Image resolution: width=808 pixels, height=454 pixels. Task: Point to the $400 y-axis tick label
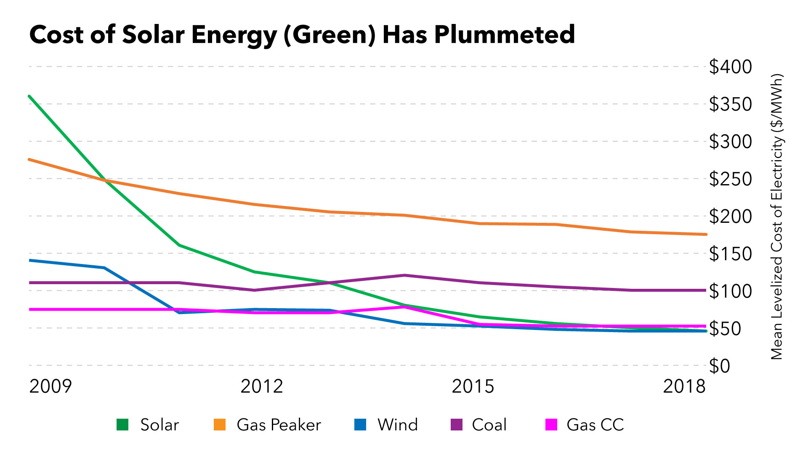[x=730, y=67]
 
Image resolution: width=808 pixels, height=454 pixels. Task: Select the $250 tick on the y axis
[x=730, y=179]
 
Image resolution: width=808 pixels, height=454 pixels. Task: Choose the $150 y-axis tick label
[x=730, y=254]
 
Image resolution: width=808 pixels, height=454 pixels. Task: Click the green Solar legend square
[x=122, y=425]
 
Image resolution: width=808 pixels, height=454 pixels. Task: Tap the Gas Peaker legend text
[x=279, y=425]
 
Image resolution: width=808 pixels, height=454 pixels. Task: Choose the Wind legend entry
[x=397, y=425]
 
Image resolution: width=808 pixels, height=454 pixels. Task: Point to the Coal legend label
[x=489, y=425]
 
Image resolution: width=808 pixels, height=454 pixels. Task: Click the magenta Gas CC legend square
[x=551, y=425]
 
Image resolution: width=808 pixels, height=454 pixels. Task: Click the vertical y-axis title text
[x=776, y=216]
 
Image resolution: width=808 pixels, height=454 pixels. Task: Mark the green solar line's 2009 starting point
[x=29, y=96]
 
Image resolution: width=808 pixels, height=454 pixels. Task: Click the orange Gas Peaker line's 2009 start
[x=29, y=160]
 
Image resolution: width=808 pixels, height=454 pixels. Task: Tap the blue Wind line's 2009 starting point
[x=29, y=261]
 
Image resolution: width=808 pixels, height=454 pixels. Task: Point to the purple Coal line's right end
[x=705, y=290]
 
